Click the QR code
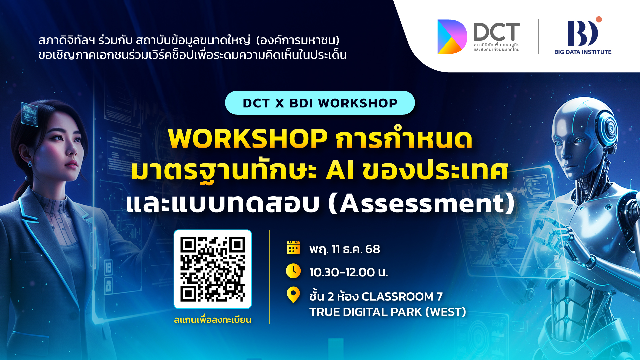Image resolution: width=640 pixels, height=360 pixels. tap(213, 269)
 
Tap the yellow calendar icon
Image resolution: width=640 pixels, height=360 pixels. tap(293, 248)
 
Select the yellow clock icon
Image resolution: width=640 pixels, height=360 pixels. tap(293, 271)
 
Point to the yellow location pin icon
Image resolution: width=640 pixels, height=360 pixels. tap(293, 295)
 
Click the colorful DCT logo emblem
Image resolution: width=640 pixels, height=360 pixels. tap(452, 37)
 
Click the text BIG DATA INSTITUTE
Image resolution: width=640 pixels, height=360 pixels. tap(583, 52)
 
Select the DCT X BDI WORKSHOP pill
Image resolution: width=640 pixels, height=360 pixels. tap(320, 103)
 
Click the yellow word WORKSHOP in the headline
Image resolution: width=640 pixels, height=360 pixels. tap(248, 138)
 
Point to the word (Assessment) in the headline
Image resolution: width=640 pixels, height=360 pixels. tap(422, 203)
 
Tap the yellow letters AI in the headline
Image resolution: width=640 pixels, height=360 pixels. tap(340, 170)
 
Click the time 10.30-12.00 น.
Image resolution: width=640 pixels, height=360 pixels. tap(349, 272)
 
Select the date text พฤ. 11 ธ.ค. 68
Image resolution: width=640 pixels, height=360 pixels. tap(345, 249)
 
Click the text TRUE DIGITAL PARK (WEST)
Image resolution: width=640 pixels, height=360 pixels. tap(388, 312)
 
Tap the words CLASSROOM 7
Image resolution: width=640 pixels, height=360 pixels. tap(402, 296)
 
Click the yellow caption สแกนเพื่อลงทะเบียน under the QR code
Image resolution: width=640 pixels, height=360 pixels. tap(213, 320)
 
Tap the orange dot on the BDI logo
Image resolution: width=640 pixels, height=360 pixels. tap(599, 19)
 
